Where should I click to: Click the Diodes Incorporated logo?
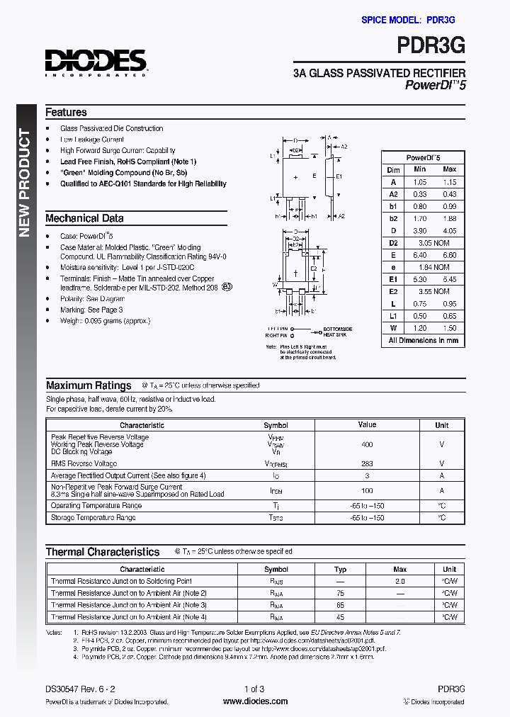click(x=96, y=62)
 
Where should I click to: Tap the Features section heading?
click(x=66, y=112)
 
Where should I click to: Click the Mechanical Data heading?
click(x=84, y=218)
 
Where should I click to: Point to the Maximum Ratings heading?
click(x=89, y=385)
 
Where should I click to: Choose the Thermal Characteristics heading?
click(x=103, y=551)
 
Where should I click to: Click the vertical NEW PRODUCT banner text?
click(x=25, y=183)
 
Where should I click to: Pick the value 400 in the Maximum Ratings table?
click(x=367, y=444)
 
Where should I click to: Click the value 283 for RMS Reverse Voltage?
click(x=367, y=463)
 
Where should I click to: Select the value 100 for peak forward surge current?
click(x=367, y=490)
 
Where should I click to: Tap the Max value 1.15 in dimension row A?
click(x=449, y=182)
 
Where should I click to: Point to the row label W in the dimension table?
click(x=393, y=328)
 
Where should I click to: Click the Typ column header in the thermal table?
click(x=340, y=569)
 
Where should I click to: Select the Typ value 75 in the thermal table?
click(x=340, y=593)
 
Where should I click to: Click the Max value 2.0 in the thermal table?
click(x=399, y=581)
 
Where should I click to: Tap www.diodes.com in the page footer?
click(x=255, y=701)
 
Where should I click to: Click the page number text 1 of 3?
click(x=254, y=689)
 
